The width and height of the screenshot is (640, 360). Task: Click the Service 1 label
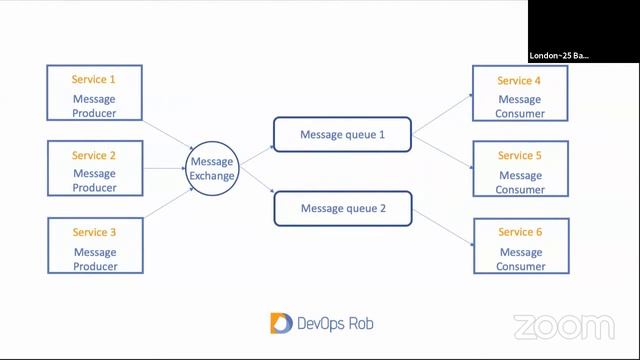(94, 79)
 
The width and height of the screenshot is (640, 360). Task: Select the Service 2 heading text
(94, 155)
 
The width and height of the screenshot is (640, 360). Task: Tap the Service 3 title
(94, 232)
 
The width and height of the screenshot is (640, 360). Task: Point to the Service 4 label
(520, 80)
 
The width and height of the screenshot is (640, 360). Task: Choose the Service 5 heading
(520, 155)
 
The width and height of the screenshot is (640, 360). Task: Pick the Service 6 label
(520, 232)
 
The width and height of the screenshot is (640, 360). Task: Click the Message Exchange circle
(212, 168)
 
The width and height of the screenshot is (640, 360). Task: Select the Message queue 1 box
(342, 134)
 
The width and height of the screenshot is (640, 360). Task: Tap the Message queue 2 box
(342, 209)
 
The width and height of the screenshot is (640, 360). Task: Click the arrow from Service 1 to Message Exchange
(165, 134)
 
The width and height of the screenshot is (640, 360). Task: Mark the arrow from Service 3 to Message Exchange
(165, 204)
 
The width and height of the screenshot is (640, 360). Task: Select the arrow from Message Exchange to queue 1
(256, 151)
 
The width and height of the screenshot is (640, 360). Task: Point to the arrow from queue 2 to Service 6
(442, 227)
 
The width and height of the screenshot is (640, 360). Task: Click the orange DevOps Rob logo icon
(280, 322)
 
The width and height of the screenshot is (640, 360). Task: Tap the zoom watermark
(563, 326)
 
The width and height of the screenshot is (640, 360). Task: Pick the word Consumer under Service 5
(520, 189)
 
